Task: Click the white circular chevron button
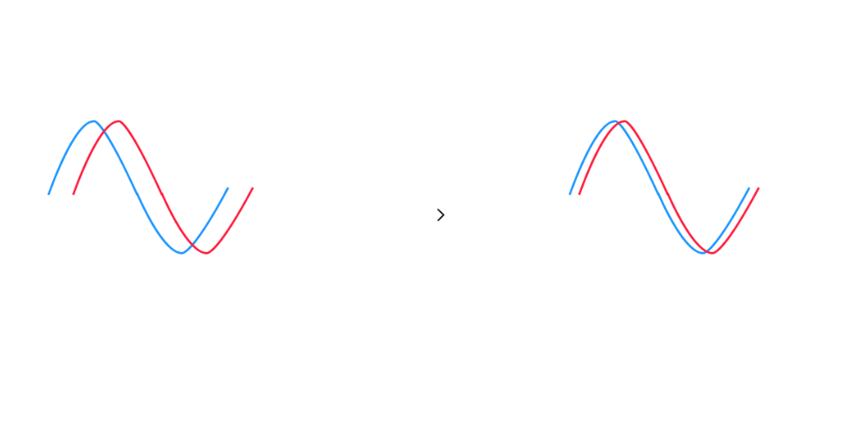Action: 440,215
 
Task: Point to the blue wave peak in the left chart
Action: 94,121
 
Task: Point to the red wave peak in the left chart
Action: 118,121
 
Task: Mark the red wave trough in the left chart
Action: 207,252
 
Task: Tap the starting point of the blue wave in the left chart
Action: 50,192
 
